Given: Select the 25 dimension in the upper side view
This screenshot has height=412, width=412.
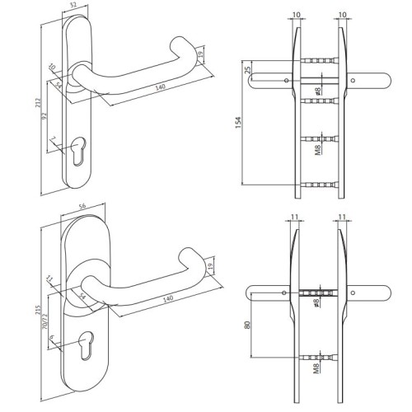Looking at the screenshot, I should click(247, 73).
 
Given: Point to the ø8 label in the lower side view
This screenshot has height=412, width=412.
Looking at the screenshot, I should click(317, 302).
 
